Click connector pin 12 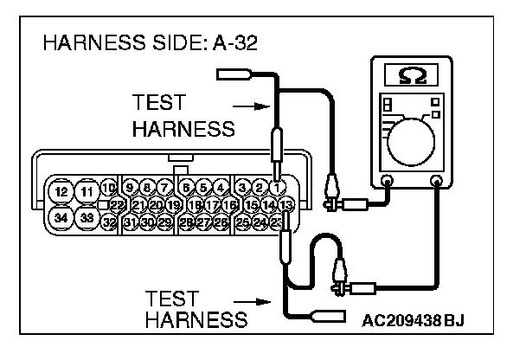coord(61,190)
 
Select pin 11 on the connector coord(86,190)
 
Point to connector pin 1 coord(276,186)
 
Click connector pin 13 coord(286,204)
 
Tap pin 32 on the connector coord(109,222)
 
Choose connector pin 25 coord(243,222)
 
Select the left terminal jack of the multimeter coord(387,182)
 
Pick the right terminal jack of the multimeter coord(436,182)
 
